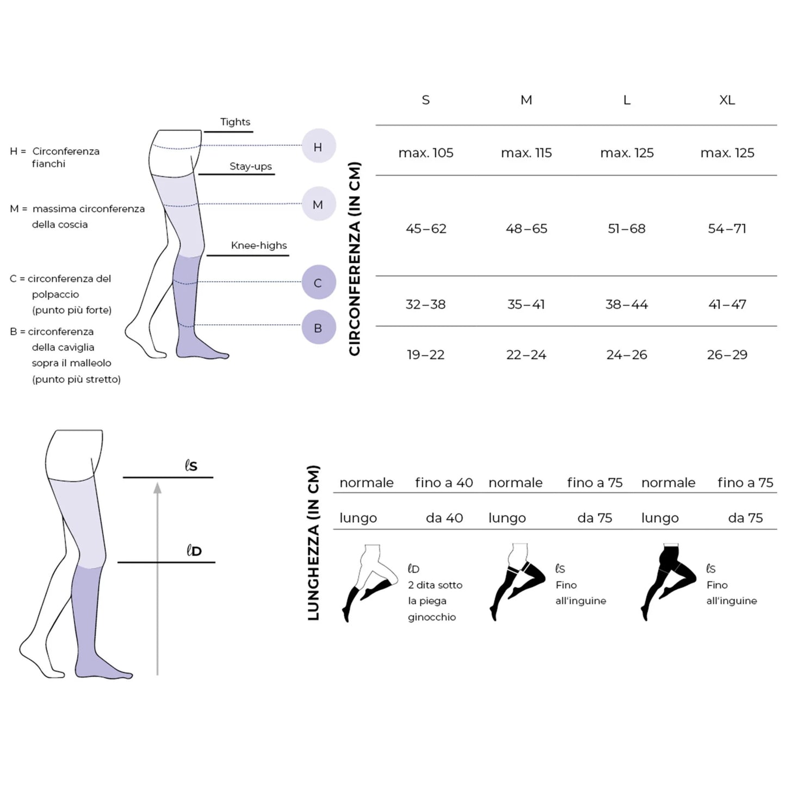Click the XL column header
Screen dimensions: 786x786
coord(727,100)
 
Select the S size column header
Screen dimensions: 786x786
coord(426,100)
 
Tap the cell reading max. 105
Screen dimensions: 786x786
coord(426,153)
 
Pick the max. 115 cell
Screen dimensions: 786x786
coord(526,153)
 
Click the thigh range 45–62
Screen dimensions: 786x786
coord(426,228)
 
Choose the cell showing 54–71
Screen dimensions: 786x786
coord(727,228)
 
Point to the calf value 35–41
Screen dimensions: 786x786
coord(526,304)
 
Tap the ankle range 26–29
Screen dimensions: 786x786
coord(727,355)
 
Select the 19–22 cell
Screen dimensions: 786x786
coord(426,355)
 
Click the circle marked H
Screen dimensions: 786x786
coord(319,146)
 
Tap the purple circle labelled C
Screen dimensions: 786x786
coord(319,282)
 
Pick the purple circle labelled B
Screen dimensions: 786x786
coord(319,327)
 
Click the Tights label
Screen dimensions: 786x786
coord(236,122)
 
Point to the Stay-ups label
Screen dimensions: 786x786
coord(250,166)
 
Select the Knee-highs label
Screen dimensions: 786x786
coord(259,245)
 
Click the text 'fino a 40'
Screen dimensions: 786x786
coord(444,483)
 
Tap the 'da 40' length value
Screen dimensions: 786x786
coord(444,518)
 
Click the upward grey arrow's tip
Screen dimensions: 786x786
coord(157,482)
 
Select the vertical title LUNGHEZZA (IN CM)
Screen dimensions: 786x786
coord(313,543)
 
